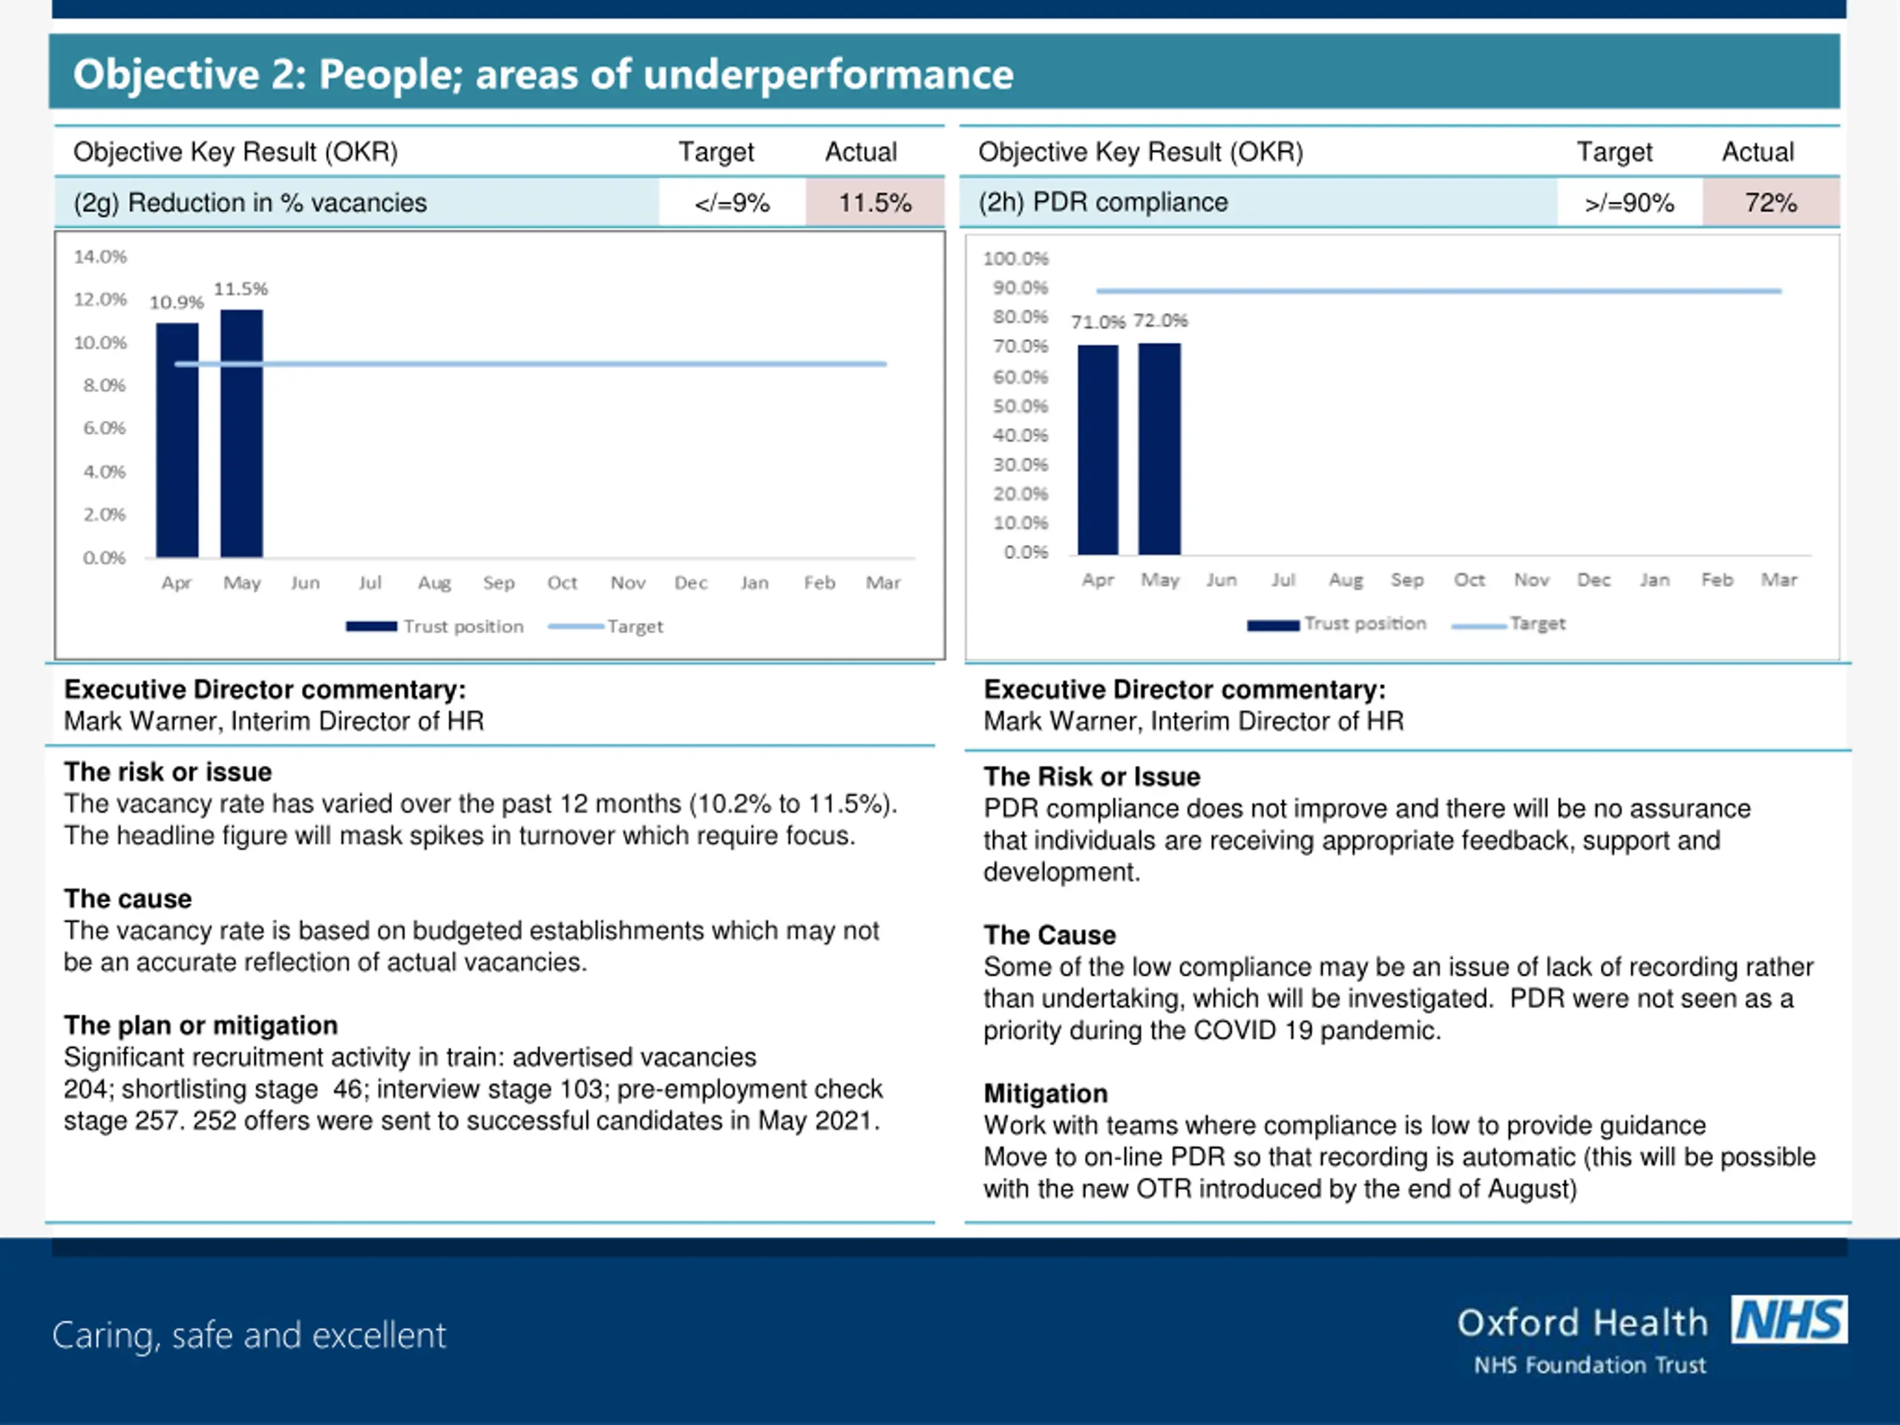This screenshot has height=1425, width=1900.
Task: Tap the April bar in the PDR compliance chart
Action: click(x=1098, y=449)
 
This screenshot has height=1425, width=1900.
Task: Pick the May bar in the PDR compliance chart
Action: click(x=1159, y=448)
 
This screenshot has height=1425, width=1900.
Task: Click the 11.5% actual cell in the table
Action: click(x=874, y=203)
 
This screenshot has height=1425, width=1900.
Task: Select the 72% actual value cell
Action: click(x=1770, y=203)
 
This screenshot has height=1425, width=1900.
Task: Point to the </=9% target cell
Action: click(x=732, y=203)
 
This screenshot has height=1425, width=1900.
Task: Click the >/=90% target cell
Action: click(x=1628, y=203)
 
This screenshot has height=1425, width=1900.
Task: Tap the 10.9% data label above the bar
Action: click(x=176, y=302)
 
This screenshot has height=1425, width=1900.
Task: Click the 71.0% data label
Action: click(x=1097, y=322)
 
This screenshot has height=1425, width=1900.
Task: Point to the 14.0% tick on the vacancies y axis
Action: click(x=99, y=257)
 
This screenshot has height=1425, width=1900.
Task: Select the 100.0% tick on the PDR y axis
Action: click(x=1015, y=258)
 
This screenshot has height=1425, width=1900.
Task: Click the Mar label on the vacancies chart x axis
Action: click(x=882, y=583)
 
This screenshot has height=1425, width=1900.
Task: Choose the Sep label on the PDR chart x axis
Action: click(x=1407, y=580)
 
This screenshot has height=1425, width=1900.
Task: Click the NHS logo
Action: click(x=1789, y=1320)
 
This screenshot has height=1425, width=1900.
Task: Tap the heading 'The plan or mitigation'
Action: click(x=200, y=1025)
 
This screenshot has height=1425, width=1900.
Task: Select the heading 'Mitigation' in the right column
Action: click(x=1045, y=1093)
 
